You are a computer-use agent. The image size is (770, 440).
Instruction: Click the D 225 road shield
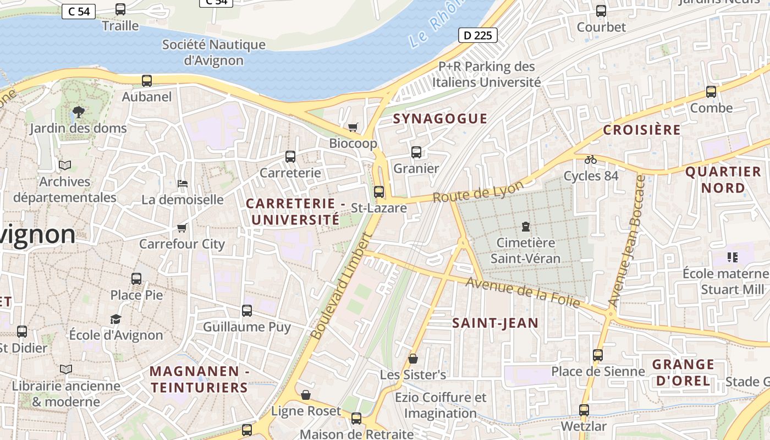(x=477, y=36)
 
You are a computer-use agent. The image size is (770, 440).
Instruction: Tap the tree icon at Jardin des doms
(x=78, y=112)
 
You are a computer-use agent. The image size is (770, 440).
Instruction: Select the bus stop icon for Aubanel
(x=147, y=81)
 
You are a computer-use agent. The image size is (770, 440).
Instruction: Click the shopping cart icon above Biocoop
(x=353, y=128)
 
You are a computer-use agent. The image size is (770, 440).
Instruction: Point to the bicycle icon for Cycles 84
(x=591, y=159)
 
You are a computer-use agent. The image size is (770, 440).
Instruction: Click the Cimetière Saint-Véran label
(x=525, y=250)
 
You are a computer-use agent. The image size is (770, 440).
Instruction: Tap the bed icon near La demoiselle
(x=183, y=183)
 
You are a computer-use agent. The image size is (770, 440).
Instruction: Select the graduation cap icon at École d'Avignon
(x=116, y=319)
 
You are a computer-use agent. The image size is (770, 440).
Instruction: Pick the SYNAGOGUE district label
(x=440, y=119)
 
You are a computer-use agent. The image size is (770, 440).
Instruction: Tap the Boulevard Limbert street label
(x=341, y=287)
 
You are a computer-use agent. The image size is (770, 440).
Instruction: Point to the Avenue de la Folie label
(x=522, y=291)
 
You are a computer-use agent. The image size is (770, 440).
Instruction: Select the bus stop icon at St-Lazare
(x=379, y=192)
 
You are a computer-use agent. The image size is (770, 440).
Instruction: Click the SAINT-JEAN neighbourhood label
(x=495, y=323)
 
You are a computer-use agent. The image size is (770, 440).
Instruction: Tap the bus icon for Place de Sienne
(x=598, y=355)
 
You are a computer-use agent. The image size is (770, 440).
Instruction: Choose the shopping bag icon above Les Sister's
(x=413, y=359)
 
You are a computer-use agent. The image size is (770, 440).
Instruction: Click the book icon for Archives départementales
(x=65, y=165)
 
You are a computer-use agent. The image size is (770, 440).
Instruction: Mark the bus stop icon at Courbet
(x=601, y=10)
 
